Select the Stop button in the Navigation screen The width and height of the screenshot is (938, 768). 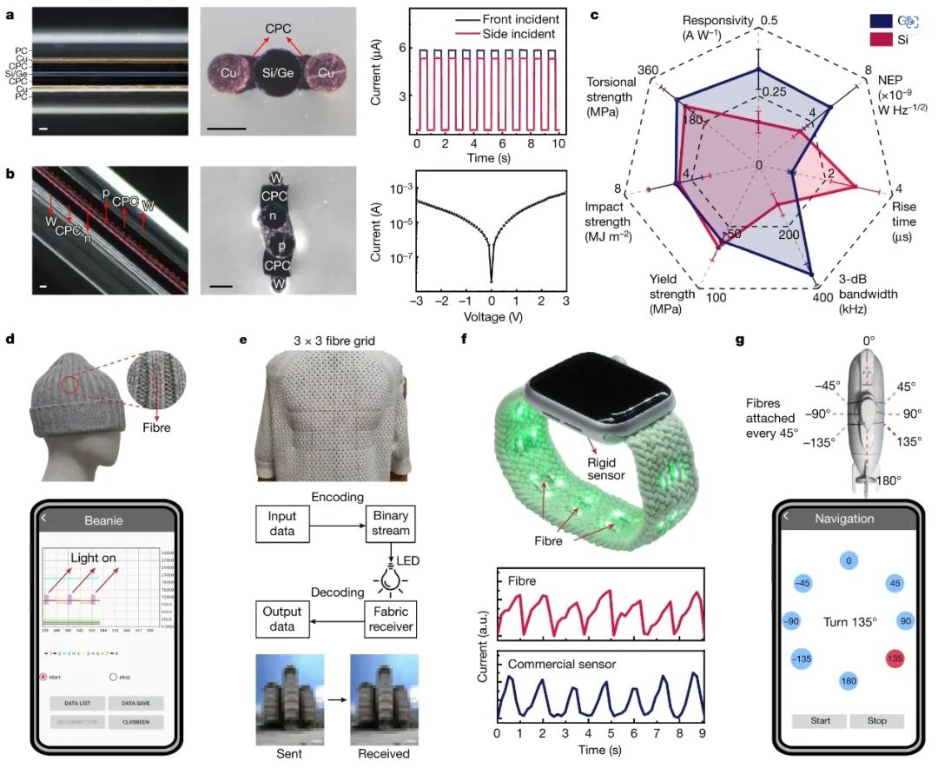coord(876,721)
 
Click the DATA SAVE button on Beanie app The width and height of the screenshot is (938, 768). coord(135,702)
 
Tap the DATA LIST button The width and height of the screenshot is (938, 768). coord(76,702)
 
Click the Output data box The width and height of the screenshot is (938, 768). coord(283,619)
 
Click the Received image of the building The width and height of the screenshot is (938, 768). coord(382,698)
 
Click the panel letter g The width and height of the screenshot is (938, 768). coord(741,341)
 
